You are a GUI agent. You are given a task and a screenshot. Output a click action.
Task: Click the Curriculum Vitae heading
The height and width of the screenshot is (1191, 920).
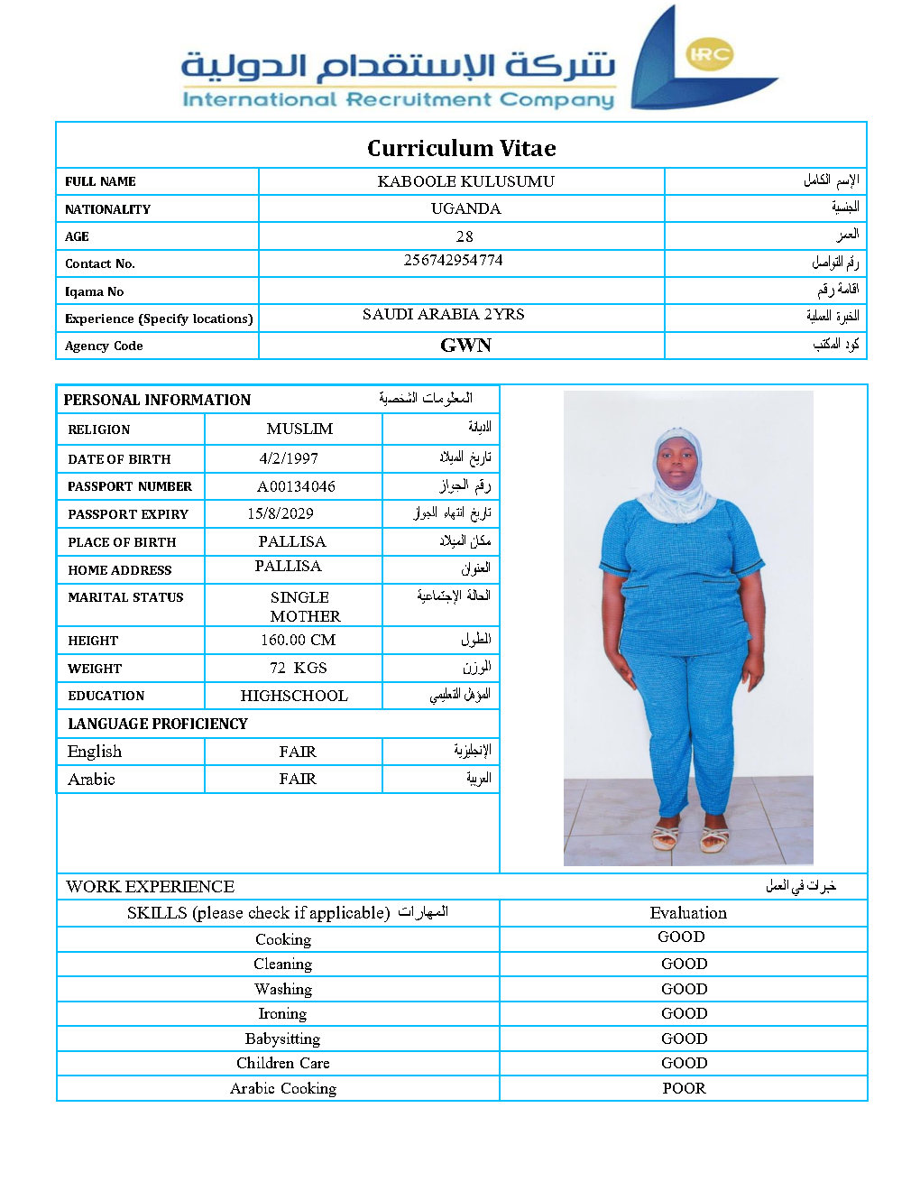(x=461, y=148)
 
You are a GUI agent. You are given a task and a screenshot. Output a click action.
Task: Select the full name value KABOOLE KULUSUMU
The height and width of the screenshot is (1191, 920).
(x=465, y=181)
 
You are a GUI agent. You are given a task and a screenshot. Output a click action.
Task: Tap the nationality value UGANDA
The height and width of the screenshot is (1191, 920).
(x=465, y=208)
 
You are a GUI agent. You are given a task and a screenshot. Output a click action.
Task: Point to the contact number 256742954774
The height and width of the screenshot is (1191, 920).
(x=453, y=260)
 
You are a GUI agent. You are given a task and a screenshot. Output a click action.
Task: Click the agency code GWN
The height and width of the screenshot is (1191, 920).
(x=465, y=346)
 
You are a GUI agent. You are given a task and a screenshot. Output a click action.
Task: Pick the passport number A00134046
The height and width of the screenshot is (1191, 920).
(x=296, y=486)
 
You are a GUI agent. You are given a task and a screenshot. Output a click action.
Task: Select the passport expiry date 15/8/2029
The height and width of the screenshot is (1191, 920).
(x=281, y=513)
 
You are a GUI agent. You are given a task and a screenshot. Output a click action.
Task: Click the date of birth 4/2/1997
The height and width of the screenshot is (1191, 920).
(x=289, y=458)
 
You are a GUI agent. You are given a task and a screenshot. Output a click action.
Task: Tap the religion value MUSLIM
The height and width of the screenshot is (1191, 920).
(x=299, y=429)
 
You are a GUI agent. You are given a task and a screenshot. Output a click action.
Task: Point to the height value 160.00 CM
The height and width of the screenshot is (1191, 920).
(x=298, y=640)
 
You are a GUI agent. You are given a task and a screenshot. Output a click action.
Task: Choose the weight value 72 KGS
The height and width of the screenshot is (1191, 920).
(x=298, y=668)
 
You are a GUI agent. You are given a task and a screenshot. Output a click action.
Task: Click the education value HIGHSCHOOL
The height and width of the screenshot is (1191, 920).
(x=294, y=696)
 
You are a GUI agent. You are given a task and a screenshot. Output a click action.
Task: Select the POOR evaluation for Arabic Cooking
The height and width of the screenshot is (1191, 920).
(x=684, y=1088)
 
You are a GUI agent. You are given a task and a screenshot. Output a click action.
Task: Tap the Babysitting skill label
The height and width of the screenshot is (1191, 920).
(x=282, y=1039)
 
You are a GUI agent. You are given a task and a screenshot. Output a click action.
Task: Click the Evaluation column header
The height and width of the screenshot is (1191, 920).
(x=687, y=913)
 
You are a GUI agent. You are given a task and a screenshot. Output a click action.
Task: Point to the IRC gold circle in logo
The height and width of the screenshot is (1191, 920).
(x=709, y=54)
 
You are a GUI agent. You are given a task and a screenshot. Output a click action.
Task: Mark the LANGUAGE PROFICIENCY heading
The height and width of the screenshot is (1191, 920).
(x=157, y=724)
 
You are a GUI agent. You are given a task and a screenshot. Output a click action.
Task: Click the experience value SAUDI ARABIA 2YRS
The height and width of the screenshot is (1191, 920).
(x=443, y=314)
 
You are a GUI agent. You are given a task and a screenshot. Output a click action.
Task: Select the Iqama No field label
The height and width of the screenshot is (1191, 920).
(x=94, y=291)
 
